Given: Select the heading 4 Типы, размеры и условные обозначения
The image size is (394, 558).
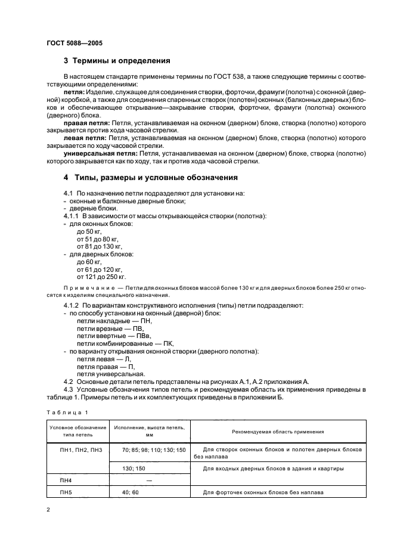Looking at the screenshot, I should (x=150, y=178).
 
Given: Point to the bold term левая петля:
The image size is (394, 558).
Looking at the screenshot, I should (x=84, y=137).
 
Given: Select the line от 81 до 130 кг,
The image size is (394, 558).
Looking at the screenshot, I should (x=100, y=246).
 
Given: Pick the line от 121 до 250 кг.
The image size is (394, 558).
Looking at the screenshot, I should (x=101, y=277).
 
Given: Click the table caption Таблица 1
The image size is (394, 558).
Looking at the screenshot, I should (x=67, y=412).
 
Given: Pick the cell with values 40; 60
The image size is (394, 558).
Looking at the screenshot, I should (x=130, y=493).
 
